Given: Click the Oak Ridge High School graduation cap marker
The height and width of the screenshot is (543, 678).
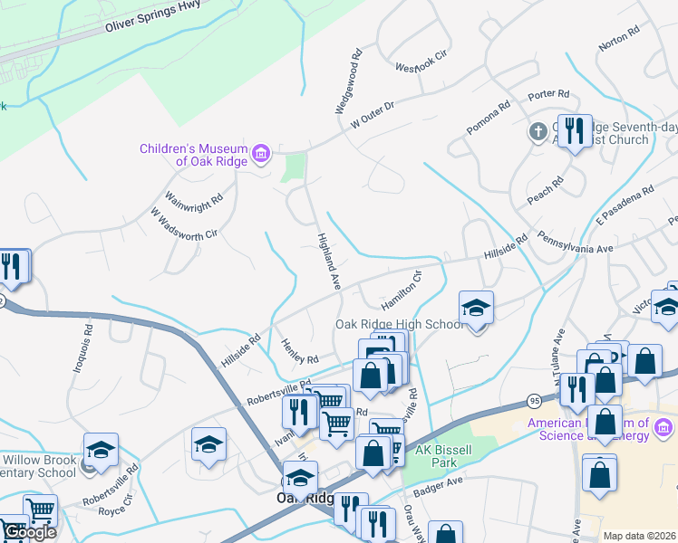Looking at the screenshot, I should click(x=477, y=310).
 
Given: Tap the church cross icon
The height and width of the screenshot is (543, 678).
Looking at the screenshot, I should click(x=538, y=132).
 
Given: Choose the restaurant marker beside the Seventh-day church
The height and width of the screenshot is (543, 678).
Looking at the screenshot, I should click(x=574, y=132).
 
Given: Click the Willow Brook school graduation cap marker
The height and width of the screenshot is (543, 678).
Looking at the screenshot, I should click(x=101, y=450).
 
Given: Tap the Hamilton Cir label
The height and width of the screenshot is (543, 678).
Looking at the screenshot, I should click(x=402, y=291).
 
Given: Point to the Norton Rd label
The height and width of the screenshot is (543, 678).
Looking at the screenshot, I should click(x=619, y=40).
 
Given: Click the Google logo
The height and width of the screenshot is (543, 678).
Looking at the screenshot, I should click(x=29, y=532).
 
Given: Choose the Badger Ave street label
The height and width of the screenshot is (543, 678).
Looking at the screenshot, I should click(x=438, y=487).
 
